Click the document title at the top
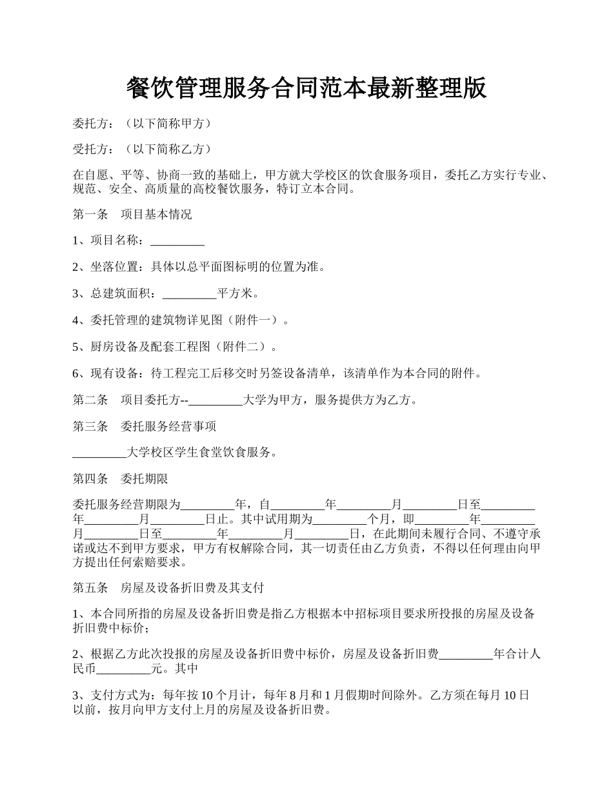[x=306, y=88]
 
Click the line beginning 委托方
[x=142, y=123]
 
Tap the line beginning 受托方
[x=142, y=150]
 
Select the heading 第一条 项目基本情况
[x=132, y=215]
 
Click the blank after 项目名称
[x=177, y=241]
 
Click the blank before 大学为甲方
[x=216, y=400]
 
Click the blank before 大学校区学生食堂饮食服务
[x=100, y=453]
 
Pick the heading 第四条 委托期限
[x=120, y=479]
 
